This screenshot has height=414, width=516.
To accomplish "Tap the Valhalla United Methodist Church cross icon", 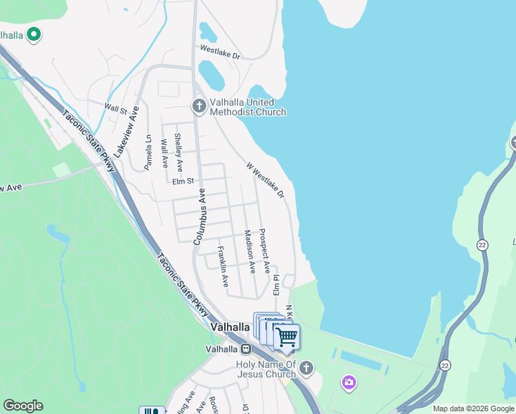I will (x=199, y=106).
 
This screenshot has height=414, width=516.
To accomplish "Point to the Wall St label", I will (x=115, y=108).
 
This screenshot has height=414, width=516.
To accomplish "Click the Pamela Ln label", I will (x=148, y=152).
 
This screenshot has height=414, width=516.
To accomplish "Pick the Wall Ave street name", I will (x=164, y=154).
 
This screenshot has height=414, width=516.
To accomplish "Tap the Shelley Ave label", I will (x=179, y=152).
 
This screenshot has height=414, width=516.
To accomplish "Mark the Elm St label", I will (x=184, y=181).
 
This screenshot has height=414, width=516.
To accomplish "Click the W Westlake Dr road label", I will (x=266, y=180).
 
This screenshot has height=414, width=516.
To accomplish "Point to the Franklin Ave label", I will (x=222, y=266).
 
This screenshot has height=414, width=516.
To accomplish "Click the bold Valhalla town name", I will (x=230, y=327).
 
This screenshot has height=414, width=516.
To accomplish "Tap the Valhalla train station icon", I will (x=245, y=349).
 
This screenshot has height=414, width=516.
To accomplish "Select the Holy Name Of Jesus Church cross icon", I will (x=307, y=368).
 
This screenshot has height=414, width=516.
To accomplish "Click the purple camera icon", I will (x=349, y=382).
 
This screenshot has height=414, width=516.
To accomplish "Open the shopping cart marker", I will (x=287, y=337).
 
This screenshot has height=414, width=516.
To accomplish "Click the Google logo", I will (x=23, y=406).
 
